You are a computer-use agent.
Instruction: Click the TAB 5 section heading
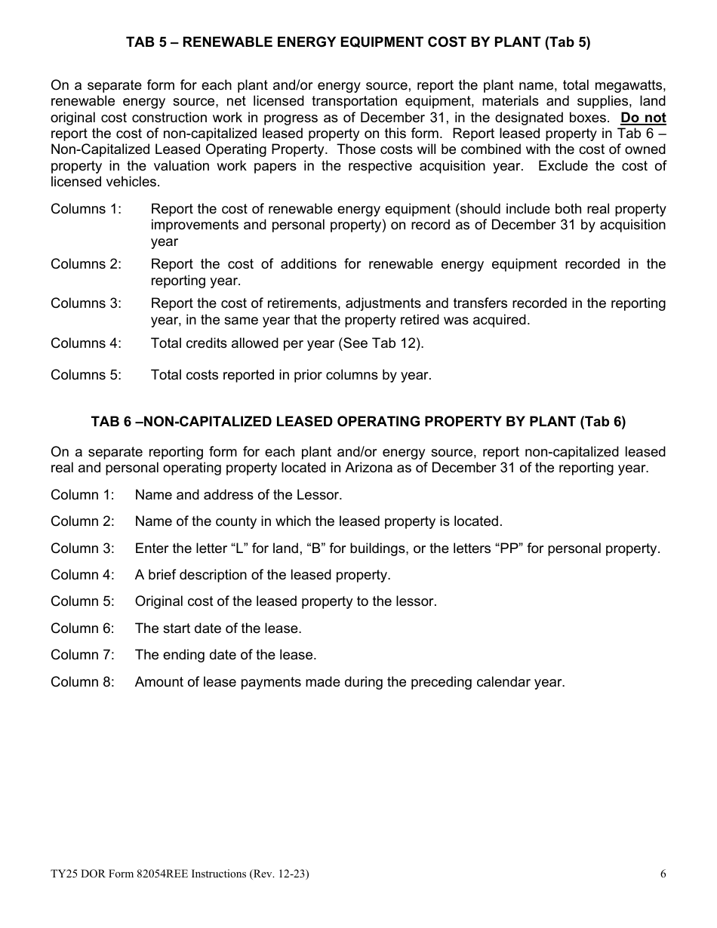(358, 43)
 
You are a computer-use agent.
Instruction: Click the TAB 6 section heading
(358, 422)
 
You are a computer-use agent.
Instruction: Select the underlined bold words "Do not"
(643, 118)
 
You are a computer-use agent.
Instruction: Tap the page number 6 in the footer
(663, 874)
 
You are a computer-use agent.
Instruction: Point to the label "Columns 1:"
(85, 209)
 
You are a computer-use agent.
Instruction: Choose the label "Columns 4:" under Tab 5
(85, 343)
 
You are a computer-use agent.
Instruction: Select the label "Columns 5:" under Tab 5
(85, 375)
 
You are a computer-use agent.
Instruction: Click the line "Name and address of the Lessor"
(238, 495)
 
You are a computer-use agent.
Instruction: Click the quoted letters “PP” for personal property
(511, 549)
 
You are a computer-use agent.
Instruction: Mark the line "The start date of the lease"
(218, 628)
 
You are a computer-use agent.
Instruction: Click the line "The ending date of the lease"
(226, 655)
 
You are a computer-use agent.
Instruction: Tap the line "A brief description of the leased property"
(263, 575)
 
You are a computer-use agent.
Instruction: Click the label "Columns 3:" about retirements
(85, 303)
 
